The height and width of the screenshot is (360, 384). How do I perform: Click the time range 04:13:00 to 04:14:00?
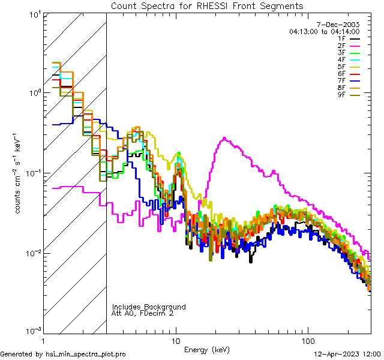click(324, 31)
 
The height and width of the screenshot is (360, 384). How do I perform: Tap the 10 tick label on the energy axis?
click(175, 340)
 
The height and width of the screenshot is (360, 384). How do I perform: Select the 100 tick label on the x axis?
click(307, 340)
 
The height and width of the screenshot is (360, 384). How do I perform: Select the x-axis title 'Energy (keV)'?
click(207, 349)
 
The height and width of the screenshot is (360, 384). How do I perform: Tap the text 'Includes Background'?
click(149, 307)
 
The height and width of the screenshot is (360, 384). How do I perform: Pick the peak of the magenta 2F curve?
click(224, 138)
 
